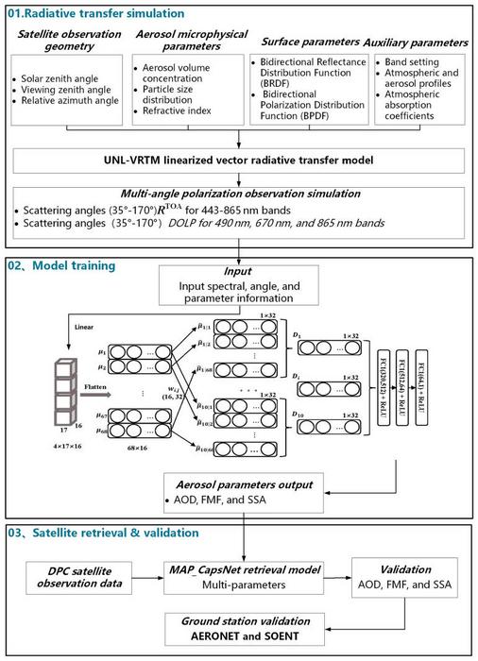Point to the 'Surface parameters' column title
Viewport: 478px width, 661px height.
(311, 42)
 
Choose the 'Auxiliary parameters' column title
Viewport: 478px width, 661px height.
(417, 42)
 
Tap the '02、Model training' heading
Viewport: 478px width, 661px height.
(60, 266)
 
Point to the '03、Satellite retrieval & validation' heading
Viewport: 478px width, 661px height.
(101, 533)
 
